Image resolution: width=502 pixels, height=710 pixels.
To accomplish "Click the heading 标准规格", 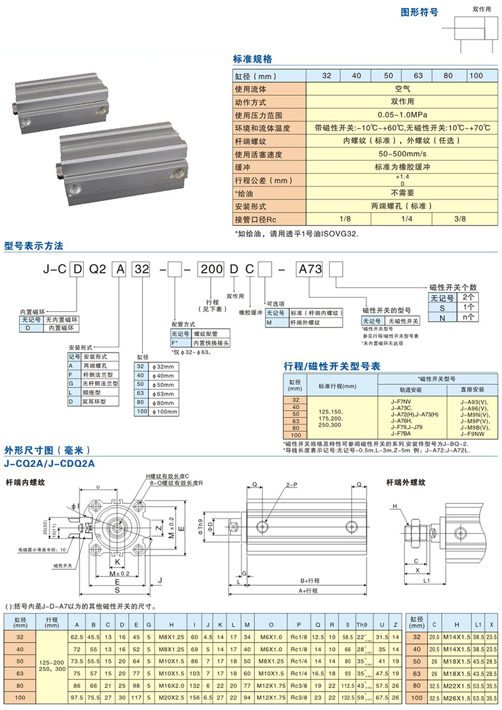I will [252, 59].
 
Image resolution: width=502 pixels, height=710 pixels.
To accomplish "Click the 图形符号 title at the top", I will [420, 12].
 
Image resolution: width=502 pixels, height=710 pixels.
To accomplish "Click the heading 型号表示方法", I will [34, 246].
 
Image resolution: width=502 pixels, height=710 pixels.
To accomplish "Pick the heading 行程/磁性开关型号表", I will [332, 365].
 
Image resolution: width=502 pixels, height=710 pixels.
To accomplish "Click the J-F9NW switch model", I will [474, 434].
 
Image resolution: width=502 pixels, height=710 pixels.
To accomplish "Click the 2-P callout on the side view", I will [291, 484].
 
